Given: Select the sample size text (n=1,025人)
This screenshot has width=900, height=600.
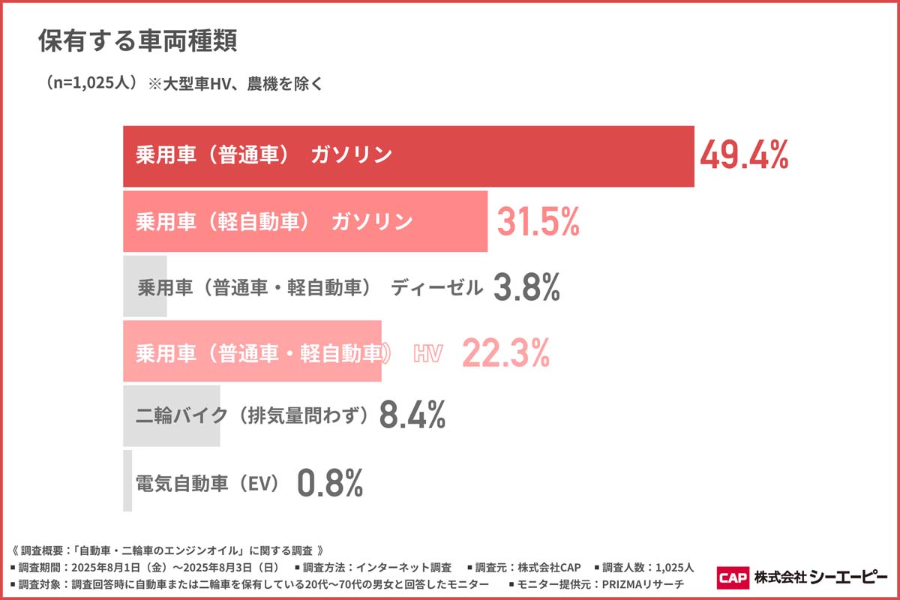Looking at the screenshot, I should [x=91, y=83].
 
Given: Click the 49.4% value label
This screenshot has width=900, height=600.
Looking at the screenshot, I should [x=743, y=156].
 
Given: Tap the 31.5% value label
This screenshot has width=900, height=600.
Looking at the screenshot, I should [x=538, y=222].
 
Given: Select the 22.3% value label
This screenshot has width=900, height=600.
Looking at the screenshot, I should [x=505, y=352].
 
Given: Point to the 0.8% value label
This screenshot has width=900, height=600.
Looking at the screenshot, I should [x=330, y=483].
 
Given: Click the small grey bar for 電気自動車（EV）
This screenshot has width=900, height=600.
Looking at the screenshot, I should [x=127, y=481].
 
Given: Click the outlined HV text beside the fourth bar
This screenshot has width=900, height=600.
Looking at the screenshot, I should [x=427, y=353].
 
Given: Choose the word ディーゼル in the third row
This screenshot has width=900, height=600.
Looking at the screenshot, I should [x=436, y=288].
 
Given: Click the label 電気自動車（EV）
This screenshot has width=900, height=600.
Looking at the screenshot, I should [x=207, y=483].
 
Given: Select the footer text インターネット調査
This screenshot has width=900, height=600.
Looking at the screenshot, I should [x=403, y=567].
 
